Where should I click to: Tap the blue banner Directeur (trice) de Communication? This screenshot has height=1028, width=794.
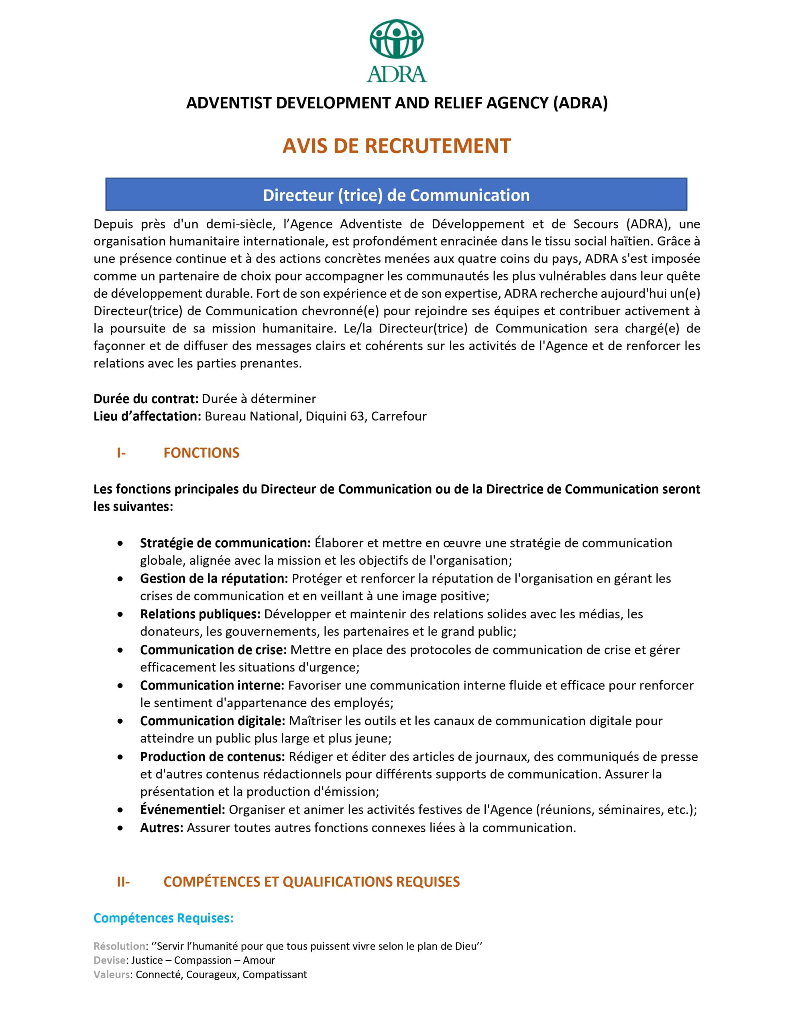pos(396,195)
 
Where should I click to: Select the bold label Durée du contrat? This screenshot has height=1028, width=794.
pos(145,399)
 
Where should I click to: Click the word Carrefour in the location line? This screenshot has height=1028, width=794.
pos(399,416)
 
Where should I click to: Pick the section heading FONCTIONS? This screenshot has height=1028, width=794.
pos(201,453)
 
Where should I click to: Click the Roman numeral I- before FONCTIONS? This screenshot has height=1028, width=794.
pos(121,453)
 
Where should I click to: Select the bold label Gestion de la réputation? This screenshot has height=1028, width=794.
pos(214,579)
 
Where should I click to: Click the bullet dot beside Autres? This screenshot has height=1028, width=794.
pos(120,828)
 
